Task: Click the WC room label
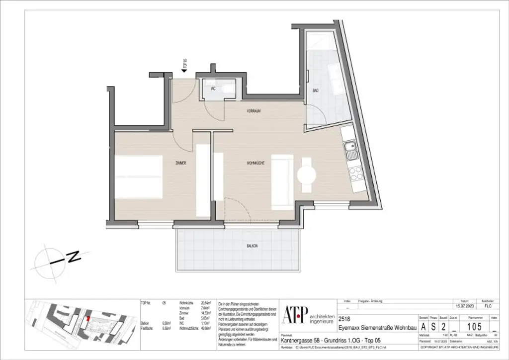pyautogui.click(x=213, y=89)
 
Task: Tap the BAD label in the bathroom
pyautogui.click(x=315, y=91)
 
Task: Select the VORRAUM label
pyautogui.click(x=254, y=111)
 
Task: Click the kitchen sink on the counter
pyautogui.click(x=351, y=148)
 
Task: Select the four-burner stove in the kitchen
pyautogui.click(x=355, y=173)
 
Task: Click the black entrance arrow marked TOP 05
pyautogui.click(x=184, y=72)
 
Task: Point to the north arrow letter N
pyautogui.click(x=74, y=258)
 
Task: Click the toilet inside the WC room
pyautogui.click(x=228, y=89)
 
